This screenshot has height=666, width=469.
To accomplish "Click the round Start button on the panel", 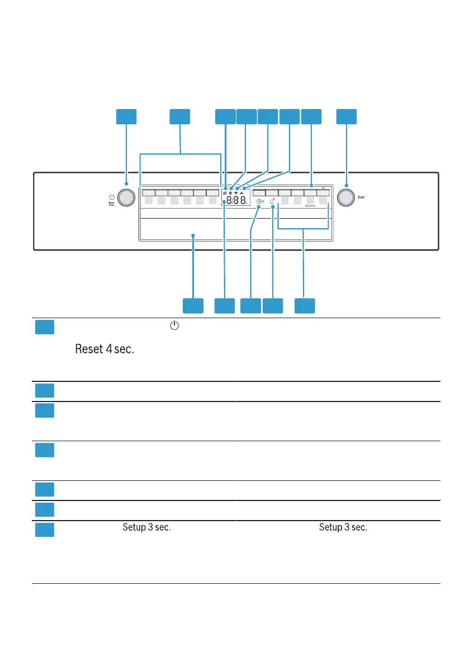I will (346, 197).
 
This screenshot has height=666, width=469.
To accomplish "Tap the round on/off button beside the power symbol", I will (127, 198).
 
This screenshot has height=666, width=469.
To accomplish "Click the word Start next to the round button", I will (362, 197).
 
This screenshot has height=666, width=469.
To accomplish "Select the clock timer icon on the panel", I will (258, 207).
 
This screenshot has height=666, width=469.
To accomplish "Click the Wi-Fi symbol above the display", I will (237, 192).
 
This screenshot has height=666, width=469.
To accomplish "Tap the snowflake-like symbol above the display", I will (230, 192).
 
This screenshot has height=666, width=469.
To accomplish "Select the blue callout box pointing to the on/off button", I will (126, 116).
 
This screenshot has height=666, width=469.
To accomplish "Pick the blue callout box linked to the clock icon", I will (250, 305).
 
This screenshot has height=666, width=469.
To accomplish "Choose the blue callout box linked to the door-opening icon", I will (273, 305).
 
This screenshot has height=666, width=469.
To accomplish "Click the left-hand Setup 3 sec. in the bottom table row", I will (146, 527).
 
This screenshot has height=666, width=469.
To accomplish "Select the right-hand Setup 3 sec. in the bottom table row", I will (343, 527).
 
